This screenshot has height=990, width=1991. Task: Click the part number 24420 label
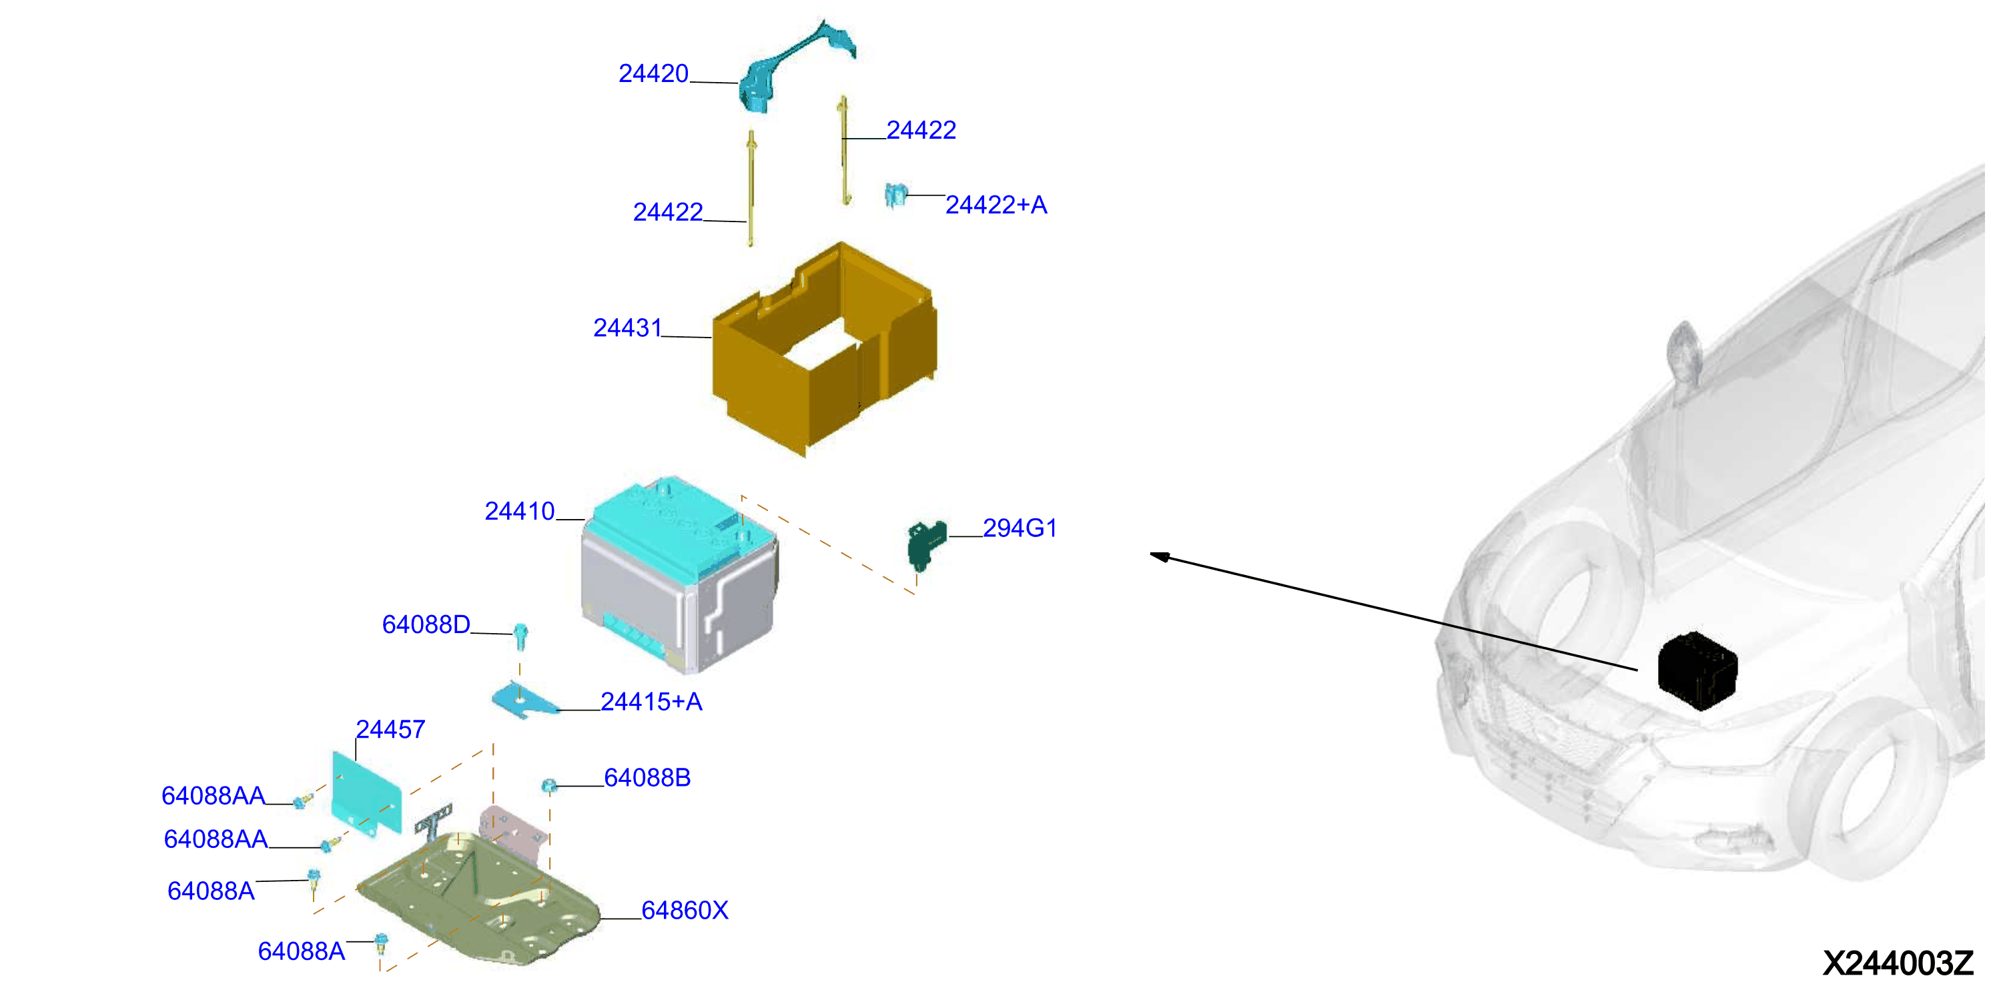point(653,73)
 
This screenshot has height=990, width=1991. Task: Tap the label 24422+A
point(996,205)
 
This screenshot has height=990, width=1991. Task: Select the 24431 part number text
point(628,328)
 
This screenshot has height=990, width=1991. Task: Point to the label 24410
point(519,511)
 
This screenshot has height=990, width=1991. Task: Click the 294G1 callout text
point(1020,528)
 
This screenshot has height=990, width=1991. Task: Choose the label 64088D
point(426,624)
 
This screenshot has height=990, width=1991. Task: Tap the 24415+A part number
point(652,702)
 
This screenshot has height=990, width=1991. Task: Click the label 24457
point(390,730)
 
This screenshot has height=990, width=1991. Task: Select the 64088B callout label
point(647,777)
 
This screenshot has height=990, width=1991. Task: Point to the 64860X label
point(685,911)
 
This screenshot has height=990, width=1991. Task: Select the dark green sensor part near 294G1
point(926,543)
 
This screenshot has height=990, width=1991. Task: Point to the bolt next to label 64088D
point(521,636)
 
